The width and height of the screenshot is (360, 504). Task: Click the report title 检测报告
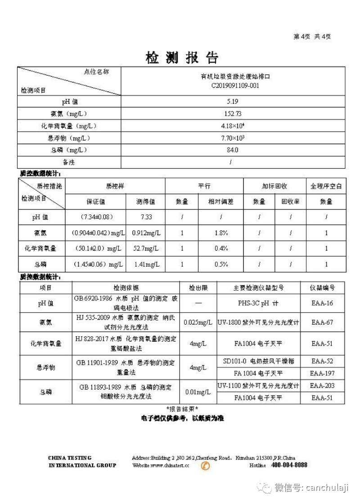182,58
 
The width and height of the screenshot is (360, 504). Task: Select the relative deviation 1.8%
221,233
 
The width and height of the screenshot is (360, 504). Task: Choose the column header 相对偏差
221,202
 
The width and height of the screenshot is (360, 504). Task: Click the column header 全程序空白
326,186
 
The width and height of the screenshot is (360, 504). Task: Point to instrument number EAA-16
322,303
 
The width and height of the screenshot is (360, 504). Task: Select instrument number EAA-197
322,373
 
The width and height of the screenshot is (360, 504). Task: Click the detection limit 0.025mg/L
198,322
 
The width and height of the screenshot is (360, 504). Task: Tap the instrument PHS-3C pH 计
258,303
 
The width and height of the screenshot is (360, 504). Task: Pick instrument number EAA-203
322,386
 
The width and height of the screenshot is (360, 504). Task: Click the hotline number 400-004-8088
289,465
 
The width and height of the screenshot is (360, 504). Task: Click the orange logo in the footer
206,466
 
